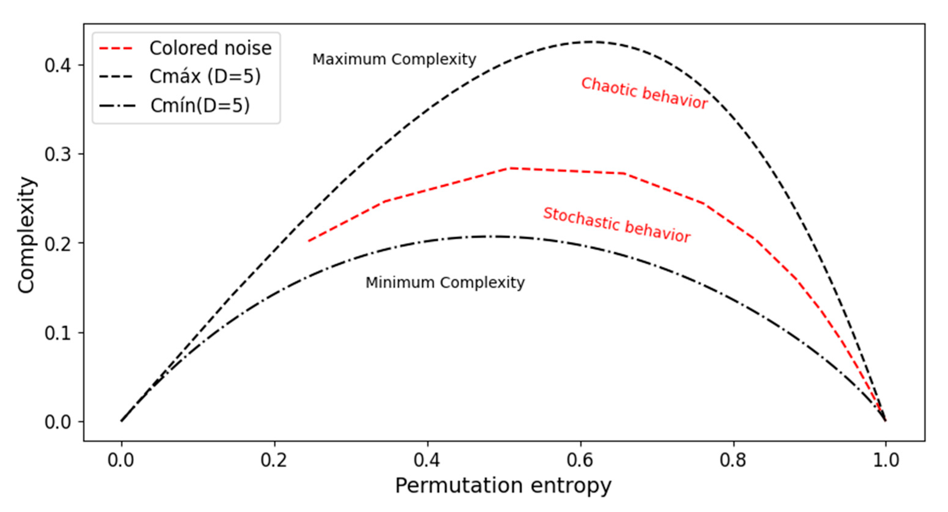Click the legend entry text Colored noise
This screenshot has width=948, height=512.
[x=210, y=48]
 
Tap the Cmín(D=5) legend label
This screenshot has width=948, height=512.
[x=200, y=106]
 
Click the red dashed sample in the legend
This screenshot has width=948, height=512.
[x=115, y=48]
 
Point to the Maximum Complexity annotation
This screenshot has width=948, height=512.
[x=394, y=59]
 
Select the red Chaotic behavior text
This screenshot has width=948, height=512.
[x=644, y=93]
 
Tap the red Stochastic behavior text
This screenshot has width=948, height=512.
[x=617, y=225]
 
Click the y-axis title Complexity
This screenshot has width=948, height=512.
[x=27, y=235]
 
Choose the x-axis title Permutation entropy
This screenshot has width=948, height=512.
[x=503, y=486]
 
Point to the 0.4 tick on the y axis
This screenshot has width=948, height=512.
[x=58, y=66]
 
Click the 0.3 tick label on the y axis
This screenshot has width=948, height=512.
[x=58, y=154]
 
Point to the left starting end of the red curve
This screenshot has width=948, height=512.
[x=308, y=241]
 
